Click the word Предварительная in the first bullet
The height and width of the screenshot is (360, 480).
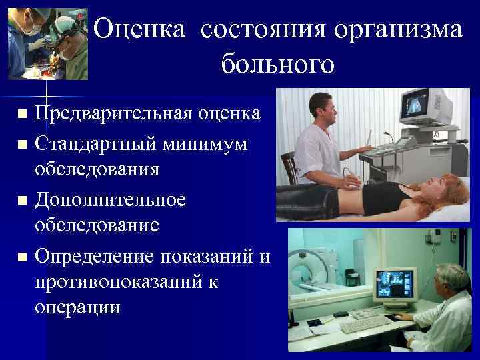click(114, 113)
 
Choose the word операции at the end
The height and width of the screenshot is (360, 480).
click(79, 308)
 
